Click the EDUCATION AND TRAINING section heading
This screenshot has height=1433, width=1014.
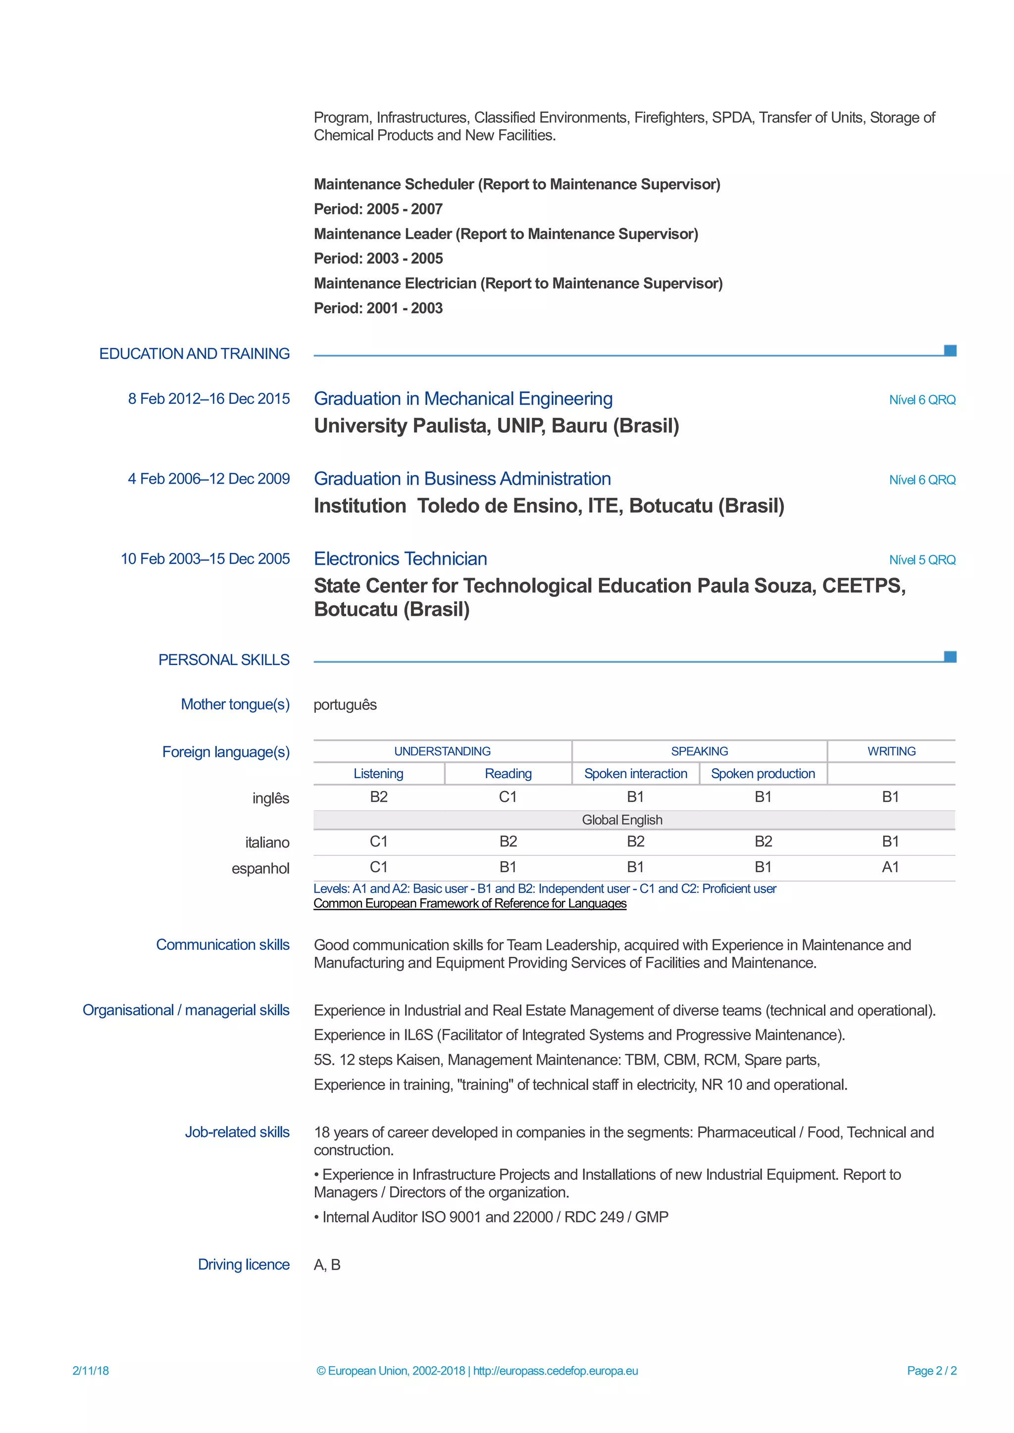pyautogui.click(x=194, y=353)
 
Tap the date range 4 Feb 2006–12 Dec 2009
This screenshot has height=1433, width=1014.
pyautogui.click(x=208, y=479)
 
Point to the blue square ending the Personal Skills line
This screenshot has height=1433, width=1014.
pyautogui.click(x=950, y=656)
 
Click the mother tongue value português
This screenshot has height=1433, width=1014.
pyautogui.click(x=345, y=705)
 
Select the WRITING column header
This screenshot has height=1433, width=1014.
pyautogui.click(x=891, y=751)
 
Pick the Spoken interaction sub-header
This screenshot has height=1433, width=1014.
pyautogui.click(x=635, y=774)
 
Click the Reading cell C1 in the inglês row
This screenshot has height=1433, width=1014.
pyautogui.click(x=507, y=797)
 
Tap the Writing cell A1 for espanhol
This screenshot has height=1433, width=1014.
pyautogui.click(x=890, y=867)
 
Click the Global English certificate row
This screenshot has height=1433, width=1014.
pyautogui.click(x=622, y=820)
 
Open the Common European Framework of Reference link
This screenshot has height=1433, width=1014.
pyautogui.click(x=469, y=903)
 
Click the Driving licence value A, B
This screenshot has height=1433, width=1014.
pyautogui.click(x=327, y=1265)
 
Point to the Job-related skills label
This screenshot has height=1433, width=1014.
pyautogui.click(x=237, y=1132)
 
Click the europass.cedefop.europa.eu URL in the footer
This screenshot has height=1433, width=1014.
pyautogui.click(x=555, y=1371)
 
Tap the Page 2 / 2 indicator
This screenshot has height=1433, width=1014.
pyautogui.click(x=931, y=1371)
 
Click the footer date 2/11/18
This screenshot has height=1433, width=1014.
pyautogui.click(x=91, y=1371)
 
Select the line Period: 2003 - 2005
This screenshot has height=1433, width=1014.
pyautogui.click(x=378, y=258)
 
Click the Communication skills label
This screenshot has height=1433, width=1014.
pyautogui.click(x=222, y=945)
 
